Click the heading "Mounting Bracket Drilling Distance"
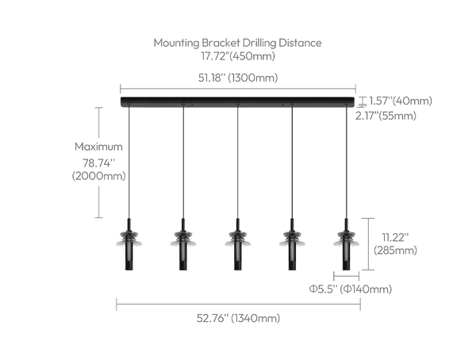(237, 43)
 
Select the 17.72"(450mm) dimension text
(238, 56)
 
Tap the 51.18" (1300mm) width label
(238, 78)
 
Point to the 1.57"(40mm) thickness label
(401, 101)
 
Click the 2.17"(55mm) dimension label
(386, 116)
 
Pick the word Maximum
(98, 147)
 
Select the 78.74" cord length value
(99, 163)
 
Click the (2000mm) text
(98, 176)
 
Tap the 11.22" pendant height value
(395, 237)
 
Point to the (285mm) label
(395, 251)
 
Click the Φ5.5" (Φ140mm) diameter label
(351, 289)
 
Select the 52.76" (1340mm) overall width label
(238, 318)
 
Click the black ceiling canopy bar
(238, 101)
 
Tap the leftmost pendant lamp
(129, 244)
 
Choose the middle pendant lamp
(238, 244)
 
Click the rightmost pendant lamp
(346, 244)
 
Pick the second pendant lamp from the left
(183, 244)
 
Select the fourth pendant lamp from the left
(292, 244)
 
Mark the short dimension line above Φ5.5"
(347, 276)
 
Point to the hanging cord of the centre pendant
(238, 162)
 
